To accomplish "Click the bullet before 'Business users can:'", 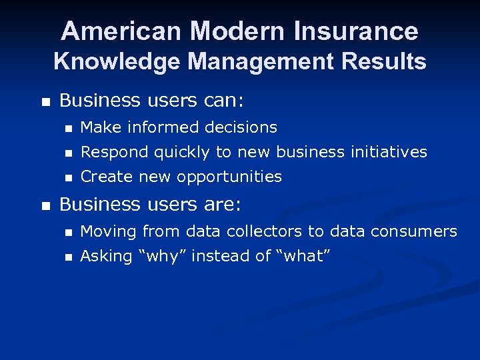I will coord(45,102).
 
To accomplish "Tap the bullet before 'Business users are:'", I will coord(45,205).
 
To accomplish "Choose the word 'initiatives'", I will coord(389,152).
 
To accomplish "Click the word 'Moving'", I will coord(107,231).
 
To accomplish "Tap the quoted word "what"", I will coord(307,257).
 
